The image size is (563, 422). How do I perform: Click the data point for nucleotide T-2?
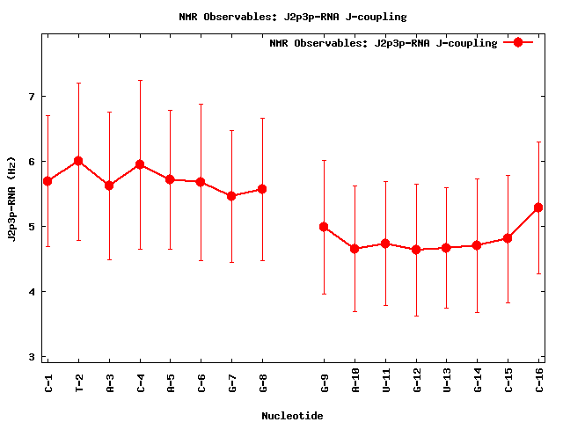click(78, 161)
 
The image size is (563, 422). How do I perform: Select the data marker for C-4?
click(140, 164)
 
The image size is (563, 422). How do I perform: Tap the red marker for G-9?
click(324, 227)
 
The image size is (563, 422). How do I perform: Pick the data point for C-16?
click(538, 207)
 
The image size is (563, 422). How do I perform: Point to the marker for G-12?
click(416, 250)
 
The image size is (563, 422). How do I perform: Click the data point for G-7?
click(231, 196)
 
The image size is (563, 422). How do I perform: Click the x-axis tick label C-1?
click(48, 382)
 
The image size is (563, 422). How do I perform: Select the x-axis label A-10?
click(355, 385)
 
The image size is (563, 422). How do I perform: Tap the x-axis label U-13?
click(447, 385)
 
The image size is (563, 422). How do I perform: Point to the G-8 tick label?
click(262, 382)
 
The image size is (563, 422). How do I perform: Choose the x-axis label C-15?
click(508, 385)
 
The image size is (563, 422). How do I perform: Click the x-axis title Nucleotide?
click(292, 416)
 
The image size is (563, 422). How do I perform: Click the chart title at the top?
click(292, 17)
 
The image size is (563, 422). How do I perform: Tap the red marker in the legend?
click(518, 42)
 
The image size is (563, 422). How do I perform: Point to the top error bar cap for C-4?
click(140, 80)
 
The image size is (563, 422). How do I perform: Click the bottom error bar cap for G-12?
click(416, 316)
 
